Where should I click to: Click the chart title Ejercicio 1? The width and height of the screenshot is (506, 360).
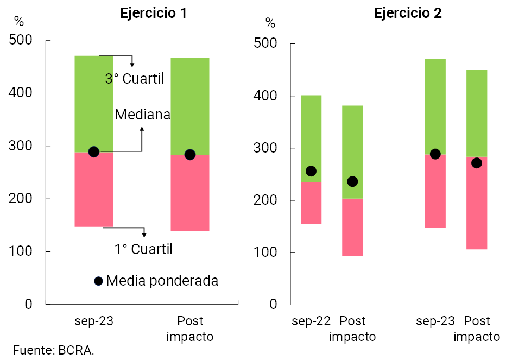click(x=154, y=14)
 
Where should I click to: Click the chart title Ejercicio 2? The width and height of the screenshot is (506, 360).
click(x=408, y=14)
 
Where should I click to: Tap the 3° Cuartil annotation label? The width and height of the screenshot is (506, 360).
click(x=135, y=79)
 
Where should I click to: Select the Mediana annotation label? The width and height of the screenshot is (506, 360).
click(x=143, y=115)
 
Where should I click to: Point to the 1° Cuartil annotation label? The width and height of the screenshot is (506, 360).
click(x=143, y=249)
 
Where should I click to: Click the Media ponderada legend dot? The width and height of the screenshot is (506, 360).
click(x=98, y=281)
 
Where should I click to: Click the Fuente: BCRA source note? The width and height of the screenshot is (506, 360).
click(x=49, y=350)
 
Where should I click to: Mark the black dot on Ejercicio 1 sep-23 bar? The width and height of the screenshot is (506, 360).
click(x=93, y=152)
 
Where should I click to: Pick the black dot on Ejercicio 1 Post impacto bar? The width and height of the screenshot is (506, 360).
click(x=190, y=155)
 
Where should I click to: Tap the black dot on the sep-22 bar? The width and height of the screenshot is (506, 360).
click(x=311, y=171)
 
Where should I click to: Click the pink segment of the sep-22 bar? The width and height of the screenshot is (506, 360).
click(x=311, y=203)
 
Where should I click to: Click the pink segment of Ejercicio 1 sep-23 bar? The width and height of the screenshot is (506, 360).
click(x=93, y=190)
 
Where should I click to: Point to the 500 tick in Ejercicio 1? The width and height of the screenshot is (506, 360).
click(x=21, y=40)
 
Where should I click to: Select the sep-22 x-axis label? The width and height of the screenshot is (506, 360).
click(x=311, y=321)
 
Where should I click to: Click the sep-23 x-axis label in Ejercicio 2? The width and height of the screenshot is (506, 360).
click(x=435, y=321)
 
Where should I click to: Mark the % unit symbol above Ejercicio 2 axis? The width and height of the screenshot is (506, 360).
click(x=270, y=23)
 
